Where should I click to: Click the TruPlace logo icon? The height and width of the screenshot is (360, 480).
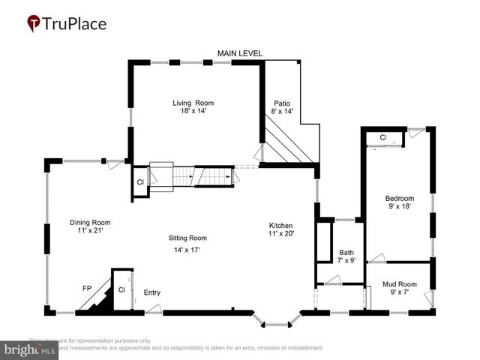(34, 24)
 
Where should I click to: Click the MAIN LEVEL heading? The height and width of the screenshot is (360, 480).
(240, 53)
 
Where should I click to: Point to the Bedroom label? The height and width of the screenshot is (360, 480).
(399, 198)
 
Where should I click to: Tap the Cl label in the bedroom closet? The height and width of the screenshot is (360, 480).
(382, 138)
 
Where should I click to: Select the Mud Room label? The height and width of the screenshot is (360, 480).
(398, 284)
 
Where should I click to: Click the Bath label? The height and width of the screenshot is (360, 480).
(346, 252)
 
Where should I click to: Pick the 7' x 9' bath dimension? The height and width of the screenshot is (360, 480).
(346, 261)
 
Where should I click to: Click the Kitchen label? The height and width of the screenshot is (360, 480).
(281, 226)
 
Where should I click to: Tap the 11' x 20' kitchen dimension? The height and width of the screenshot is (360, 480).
(281, 235)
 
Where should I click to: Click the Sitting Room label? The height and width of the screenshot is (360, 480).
(187, 237)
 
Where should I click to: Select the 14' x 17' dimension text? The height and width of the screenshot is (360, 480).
(187, 250)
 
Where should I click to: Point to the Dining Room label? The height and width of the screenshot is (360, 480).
(90, 222)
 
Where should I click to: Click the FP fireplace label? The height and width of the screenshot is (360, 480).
(87, 288)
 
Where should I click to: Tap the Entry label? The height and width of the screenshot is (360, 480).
(151, 292)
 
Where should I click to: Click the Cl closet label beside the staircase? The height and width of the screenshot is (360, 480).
(140, 182)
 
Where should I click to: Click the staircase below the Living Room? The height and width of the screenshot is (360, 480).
(195, 176)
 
